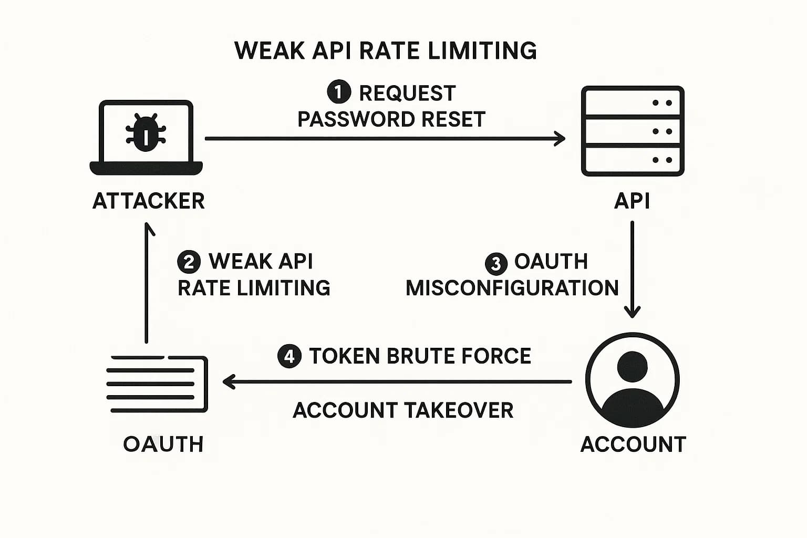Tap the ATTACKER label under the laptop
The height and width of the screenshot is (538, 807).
(148, 201)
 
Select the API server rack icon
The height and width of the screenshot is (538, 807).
(633, 131)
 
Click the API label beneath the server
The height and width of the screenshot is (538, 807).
(632, 201)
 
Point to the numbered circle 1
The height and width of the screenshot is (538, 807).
(339, 92)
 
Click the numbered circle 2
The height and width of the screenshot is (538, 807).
(189, 262)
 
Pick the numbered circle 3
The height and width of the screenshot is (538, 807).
(496, 263)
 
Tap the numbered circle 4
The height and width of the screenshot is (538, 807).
(289, 357)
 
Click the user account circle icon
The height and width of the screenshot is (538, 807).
(633, 380)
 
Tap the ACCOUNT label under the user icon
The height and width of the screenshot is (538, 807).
(633, 444)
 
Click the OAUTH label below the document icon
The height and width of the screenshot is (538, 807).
(163, 444)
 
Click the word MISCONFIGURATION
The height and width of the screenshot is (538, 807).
(512, 288)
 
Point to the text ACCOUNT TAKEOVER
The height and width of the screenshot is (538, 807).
(402, 410)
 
